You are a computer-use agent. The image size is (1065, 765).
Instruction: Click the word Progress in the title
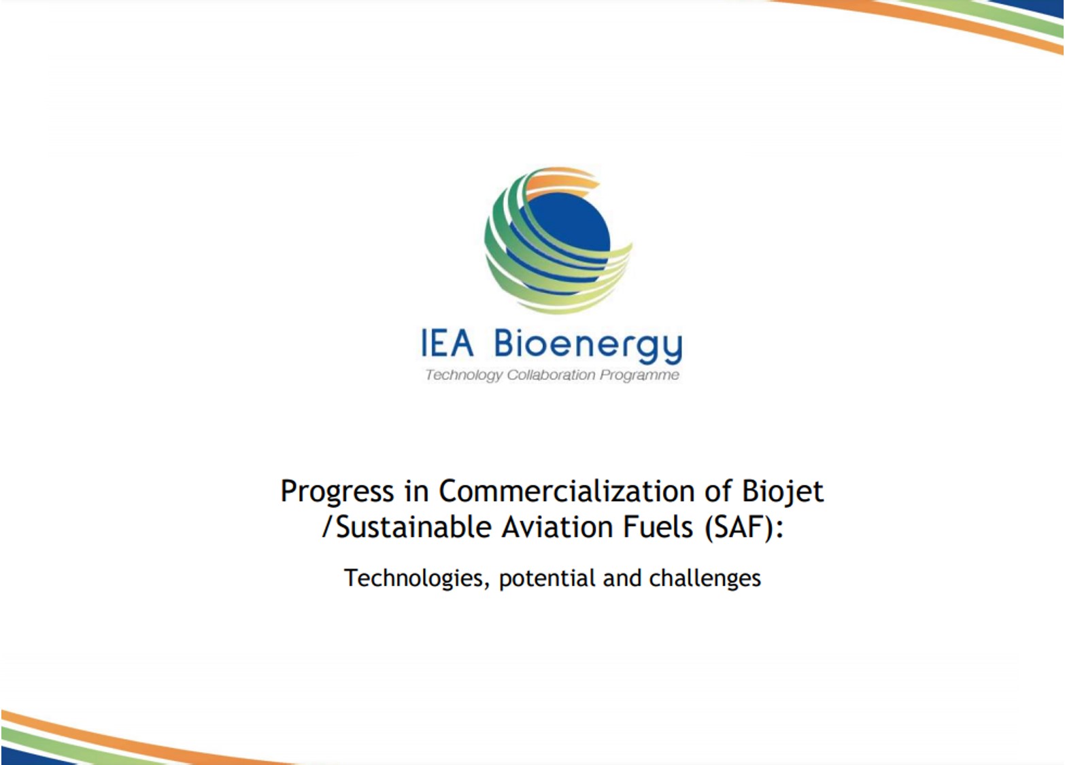(x=337, y=492)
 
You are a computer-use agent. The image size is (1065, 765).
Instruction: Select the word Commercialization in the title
(x=567, y=491)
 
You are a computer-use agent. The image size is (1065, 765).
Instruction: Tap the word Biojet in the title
(x=783, y=492)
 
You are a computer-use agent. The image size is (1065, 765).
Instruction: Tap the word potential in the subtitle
(x=547, y=579)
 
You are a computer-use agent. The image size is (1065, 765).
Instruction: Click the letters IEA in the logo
(x=447, y=343)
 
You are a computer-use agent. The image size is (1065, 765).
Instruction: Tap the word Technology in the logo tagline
(x=463, y=375)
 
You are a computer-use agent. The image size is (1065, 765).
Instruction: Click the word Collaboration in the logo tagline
(x=551, y=375)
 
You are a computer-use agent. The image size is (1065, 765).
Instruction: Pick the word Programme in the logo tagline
(x=639, y=375)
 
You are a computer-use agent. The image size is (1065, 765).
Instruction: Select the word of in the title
(x=718, y=491)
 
